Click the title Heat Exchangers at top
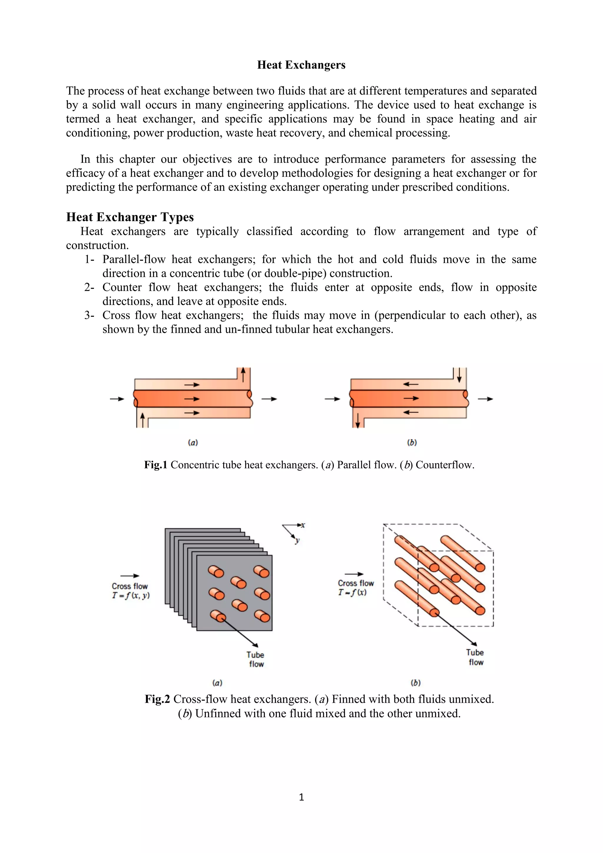[301, 65]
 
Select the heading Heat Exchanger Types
[130, 217]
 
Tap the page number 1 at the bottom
[301, 797]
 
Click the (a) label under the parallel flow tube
[193, 442]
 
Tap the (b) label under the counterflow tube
[412, 442]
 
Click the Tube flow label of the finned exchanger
[256, 659]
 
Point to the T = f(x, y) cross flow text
[131, 596]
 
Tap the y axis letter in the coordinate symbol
[297, 540]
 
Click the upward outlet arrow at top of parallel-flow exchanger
[243, 374]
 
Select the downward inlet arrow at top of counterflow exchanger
[459, 374]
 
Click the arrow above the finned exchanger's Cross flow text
[130, 576]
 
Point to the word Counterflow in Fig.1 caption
[445, 465]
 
